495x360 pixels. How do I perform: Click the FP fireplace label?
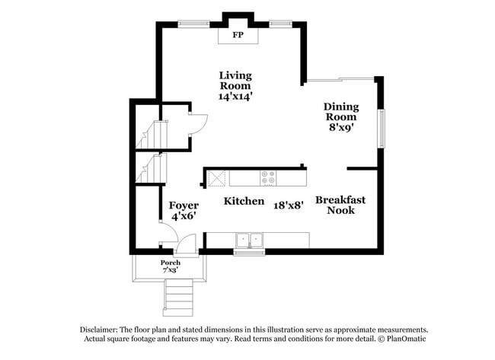238,35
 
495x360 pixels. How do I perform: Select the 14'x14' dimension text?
235,97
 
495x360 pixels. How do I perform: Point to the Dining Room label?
341,112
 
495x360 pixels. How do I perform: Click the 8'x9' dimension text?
341,128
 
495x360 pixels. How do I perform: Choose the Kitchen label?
244,202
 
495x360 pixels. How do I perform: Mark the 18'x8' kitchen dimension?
289,203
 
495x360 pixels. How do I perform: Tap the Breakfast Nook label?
340,205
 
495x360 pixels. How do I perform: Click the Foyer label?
184,205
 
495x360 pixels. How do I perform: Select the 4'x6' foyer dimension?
184,217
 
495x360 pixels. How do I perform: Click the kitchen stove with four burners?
268,178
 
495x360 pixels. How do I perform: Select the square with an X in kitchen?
217,178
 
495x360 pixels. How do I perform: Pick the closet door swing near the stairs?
197,123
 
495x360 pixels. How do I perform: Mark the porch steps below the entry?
179,296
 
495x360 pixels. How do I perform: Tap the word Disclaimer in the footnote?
102,330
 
